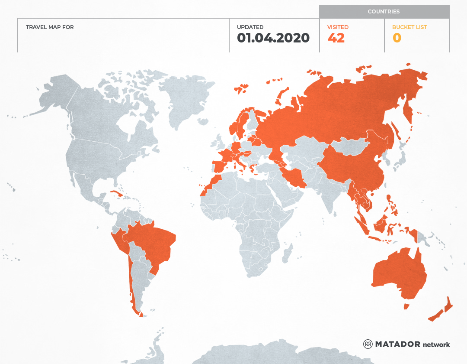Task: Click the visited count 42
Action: pyautogui.click(x=336, y=38)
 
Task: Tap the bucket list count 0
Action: pyautogui.click(x=397, y=38)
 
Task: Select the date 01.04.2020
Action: pyautogui.click(x=273, y=38)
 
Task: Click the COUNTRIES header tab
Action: pyautogui.click(x=384, y=12)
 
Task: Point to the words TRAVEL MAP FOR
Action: pyautogui.click(x=50, y=27)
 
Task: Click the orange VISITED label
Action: pyautogui.click(x=338, y=27)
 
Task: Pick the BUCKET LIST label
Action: pyautogui.click(x=409, y=27)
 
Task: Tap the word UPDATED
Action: pyautogui.click(x=250, y=27)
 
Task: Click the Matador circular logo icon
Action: pyautogui.click(x=368, y=344)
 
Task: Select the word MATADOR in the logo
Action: pyautogui.click(x=397, y=344)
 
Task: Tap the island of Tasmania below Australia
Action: pyautogui.click(x=406, y=306)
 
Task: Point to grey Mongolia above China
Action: pyautogui.click(x=352, y=146)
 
